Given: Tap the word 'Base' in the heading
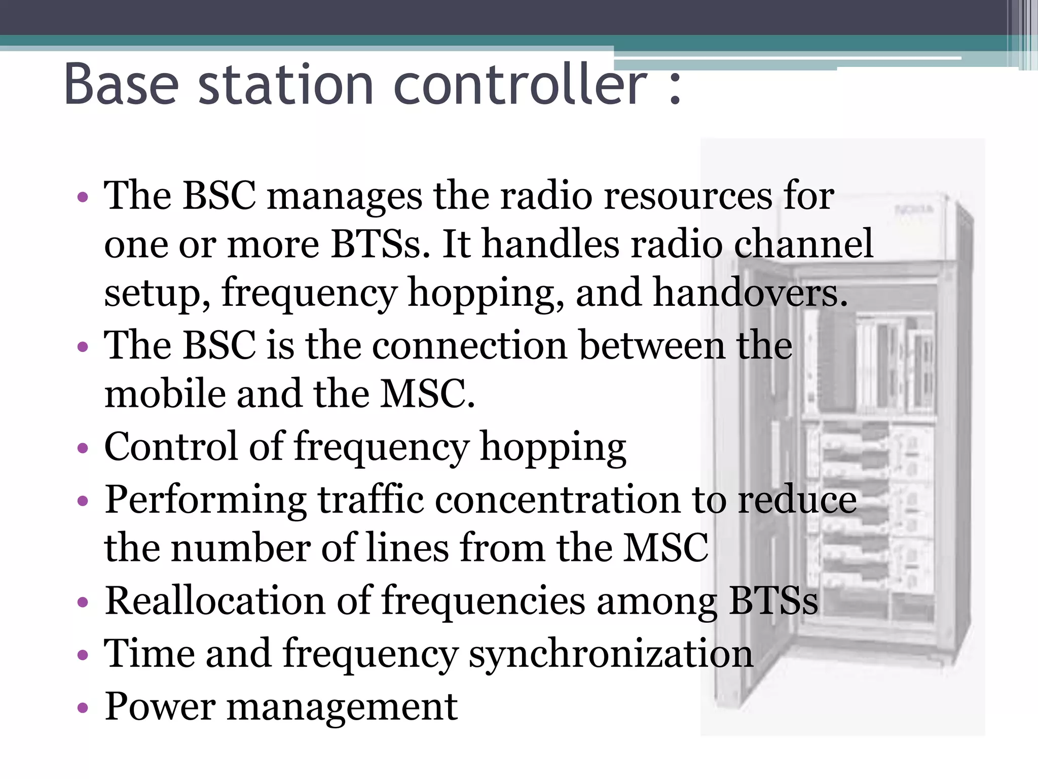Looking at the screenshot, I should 122,85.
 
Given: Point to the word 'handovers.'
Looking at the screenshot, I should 750,293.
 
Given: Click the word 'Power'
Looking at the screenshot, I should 160,706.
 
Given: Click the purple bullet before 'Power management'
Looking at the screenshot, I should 83,707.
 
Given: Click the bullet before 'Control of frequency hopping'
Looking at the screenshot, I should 83,448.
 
